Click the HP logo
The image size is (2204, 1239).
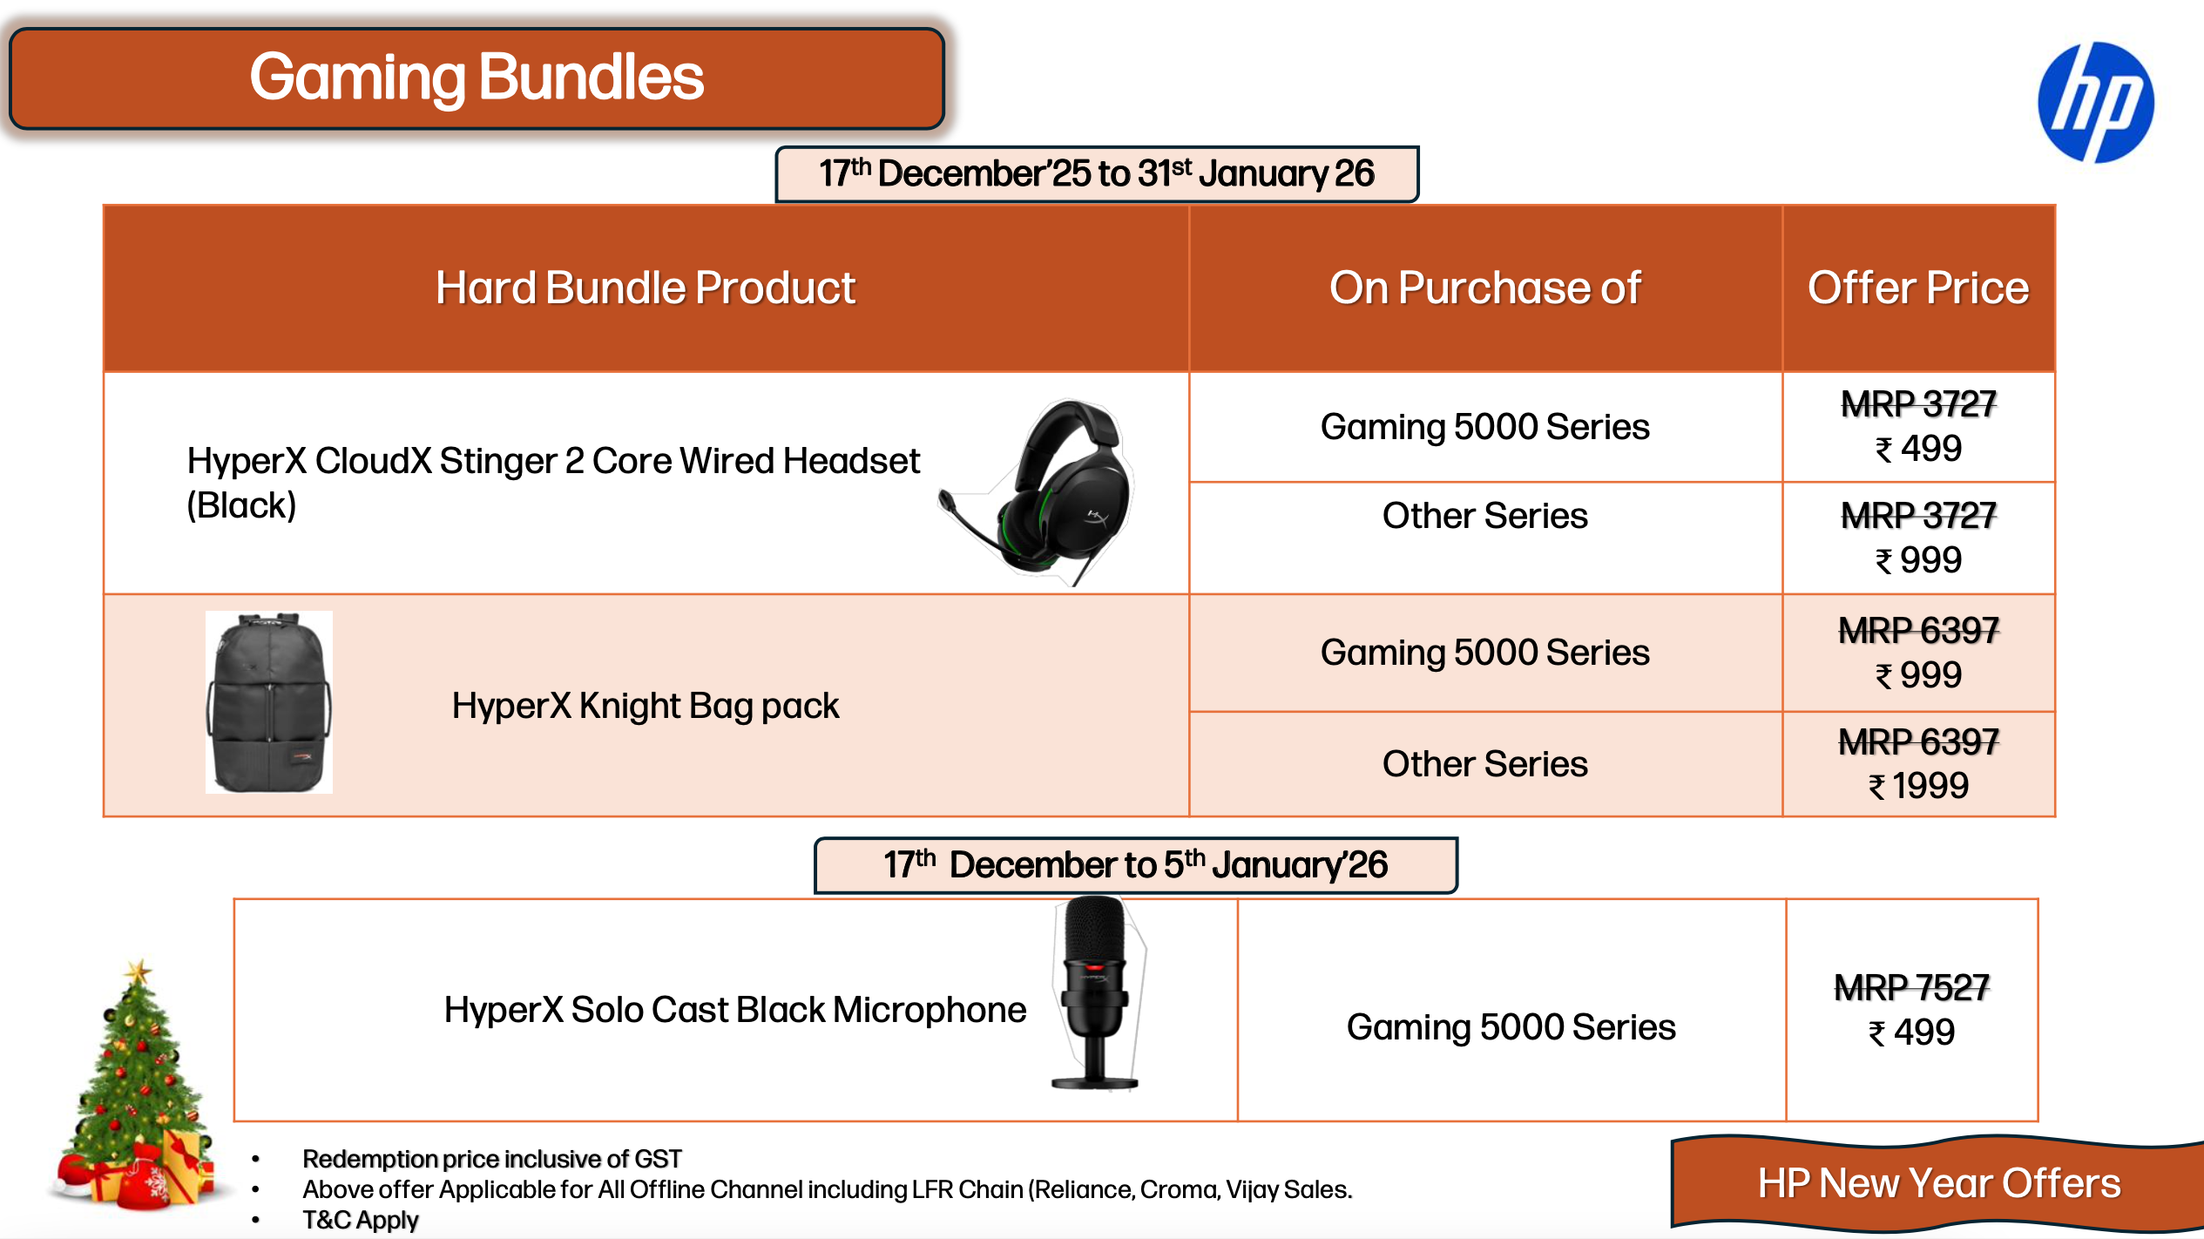click(2096, 102)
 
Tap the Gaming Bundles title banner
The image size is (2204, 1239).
click(477, 78)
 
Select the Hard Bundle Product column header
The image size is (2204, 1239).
click(646, 288)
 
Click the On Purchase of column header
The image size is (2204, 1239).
click(1485, 288)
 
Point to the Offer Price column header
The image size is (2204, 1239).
click(1918, 288)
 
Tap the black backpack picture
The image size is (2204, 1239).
click(269, 702)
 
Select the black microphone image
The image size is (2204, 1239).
click(1096, 993)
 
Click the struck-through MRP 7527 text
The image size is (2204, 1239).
click(1911, 988)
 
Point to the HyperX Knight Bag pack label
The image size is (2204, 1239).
click(645, 706)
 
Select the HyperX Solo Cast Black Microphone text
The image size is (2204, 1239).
click(734, 1010)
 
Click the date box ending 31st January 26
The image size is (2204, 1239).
click(1097, 174)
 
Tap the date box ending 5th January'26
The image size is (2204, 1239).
click(1135, 865)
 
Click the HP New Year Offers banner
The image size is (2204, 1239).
click(1937, 1183)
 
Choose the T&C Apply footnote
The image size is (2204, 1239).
click(361, 1220)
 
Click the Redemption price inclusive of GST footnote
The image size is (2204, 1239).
click(491, 1159)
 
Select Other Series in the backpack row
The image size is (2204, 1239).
click(1484, 764)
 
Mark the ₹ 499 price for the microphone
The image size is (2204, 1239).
click(1911, 1032)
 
